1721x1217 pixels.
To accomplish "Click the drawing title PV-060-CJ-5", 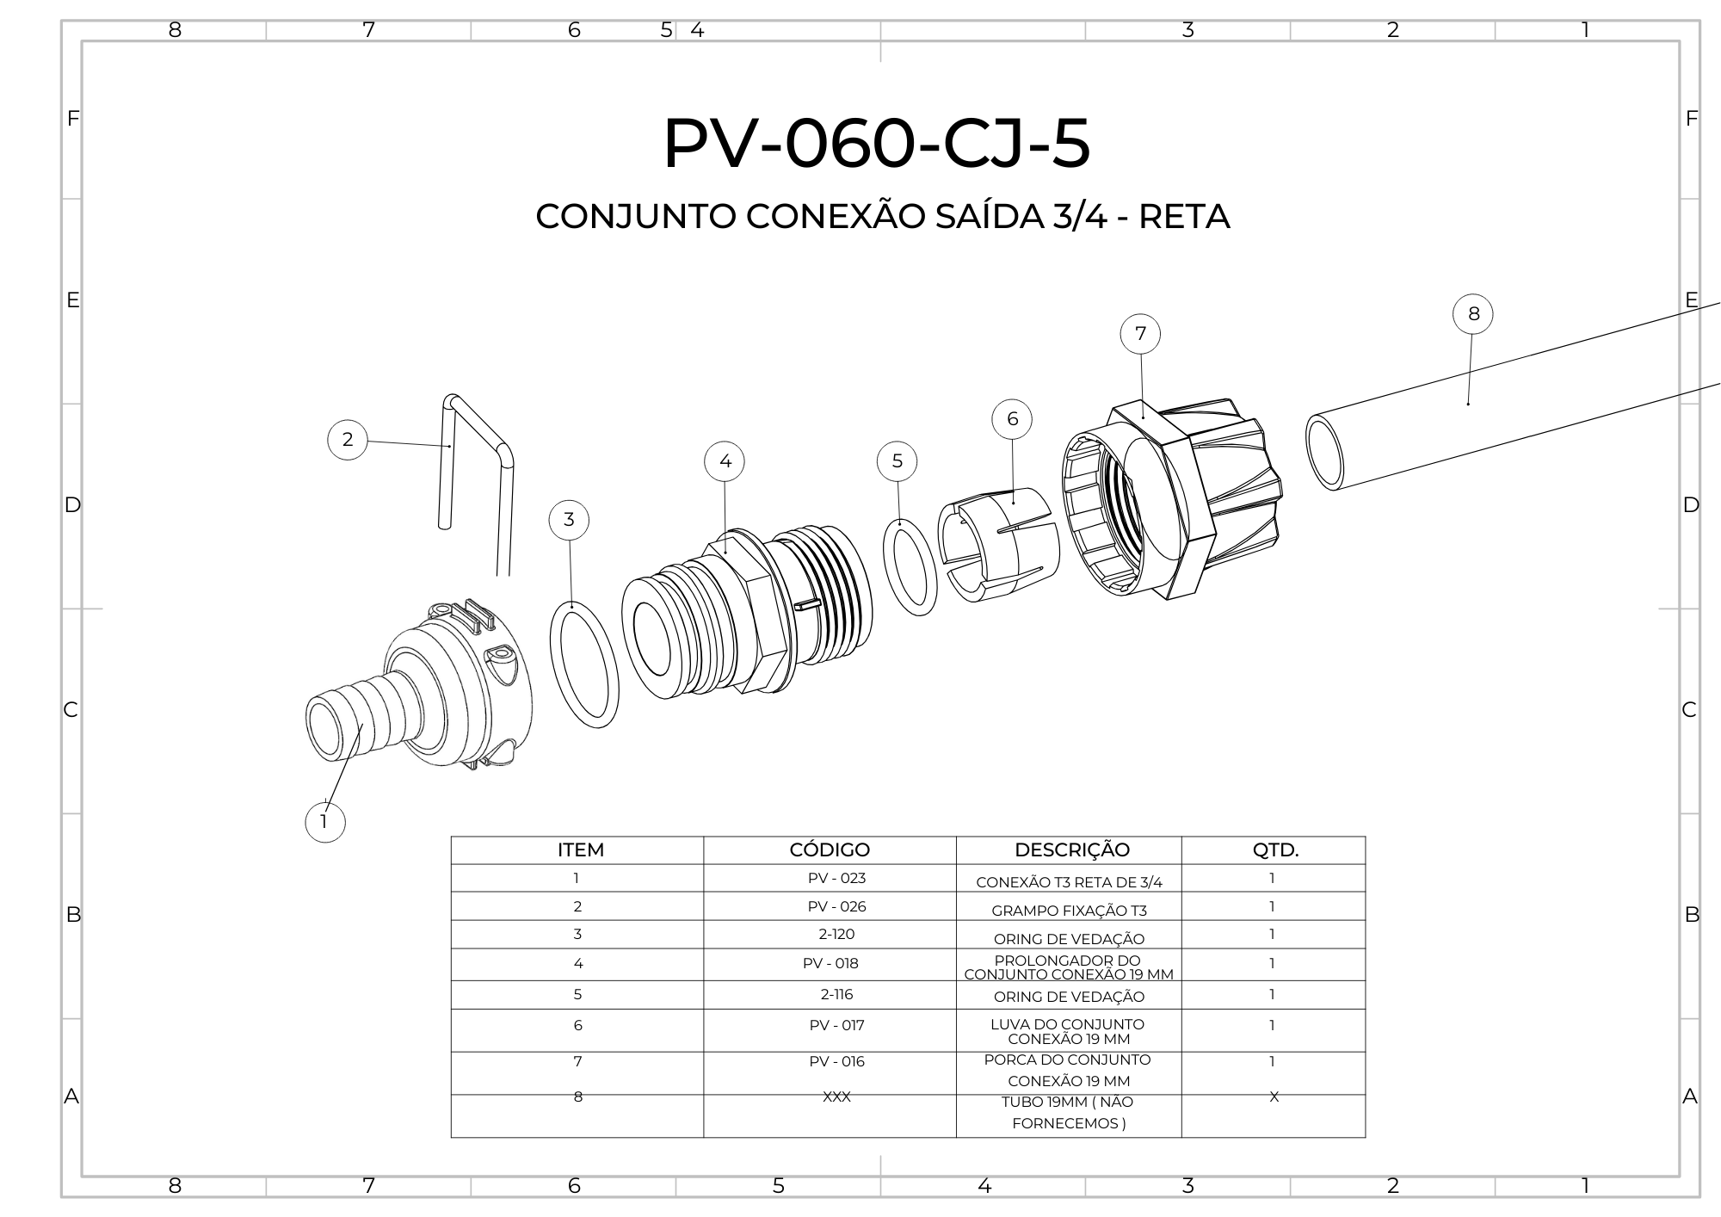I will click(x=876, y=143).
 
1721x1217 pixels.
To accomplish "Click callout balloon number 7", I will click(x=1141, y=334).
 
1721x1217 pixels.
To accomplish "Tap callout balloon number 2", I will click(x=348, y=440).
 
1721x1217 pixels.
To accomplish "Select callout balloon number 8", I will click(x=1473, y=314).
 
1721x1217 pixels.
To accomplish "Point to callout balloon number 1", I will click(x=325, y=822).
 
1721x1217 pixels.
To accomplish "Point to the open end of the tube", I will click(x=1324, y=452).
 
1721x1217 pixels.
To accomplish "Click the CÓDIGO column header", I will click(x=830, y=850).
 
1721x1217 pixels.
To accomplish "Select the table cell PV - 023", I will click(x=836, y=879).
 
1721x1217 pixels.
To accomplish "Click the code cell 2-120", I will click(x=836, y=935).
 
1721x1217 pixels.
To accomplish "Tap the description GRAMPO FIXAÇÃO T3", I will click(x=1069, y=911).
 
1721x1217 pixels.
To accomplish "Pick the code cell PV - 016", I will click(x=836, y=1062).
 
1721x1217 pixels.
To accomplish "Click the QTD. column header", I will click(x=1274, y=850).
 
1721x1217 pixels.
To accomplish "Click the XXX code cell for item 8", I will click(x=836, y=1097).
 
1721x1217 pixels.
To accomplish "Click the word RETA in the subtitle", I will click(x=1184, y=217).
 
